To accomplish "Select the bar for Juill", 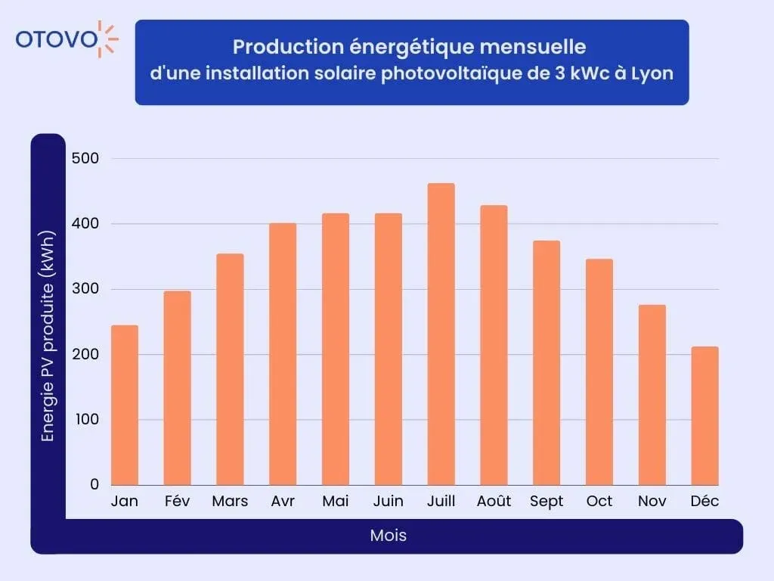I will click(x=441, y=334).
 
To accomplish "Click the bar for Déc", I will click(x=704, y=415).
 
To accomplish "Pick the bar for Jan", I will click(x=125, y=405).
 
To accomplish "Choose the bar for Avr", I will click(x=283, y=353).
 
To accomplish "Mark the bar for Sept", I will click(x=546, y=362).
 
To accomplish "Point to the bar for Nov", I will click(x=652, y=394).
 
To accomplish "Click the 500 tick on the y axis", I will click(x=85, y=158).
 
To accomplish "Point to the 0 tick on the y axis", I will click(x=94, y=484).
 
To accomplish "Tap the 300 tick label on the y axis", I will click(x=85, y=289).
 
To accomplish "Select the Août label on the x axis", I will click(x=494, y=502).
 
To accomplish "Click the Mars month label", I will click(x=230, y=502).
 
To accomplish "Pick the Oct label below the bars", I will click(x=599, y=502).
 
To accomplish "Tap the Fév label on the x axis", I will click(x=177, y=502).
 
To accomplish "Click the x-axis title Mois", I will click(x=388, y=536).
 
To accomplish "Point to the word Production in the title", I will click(x=277, y=47).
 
